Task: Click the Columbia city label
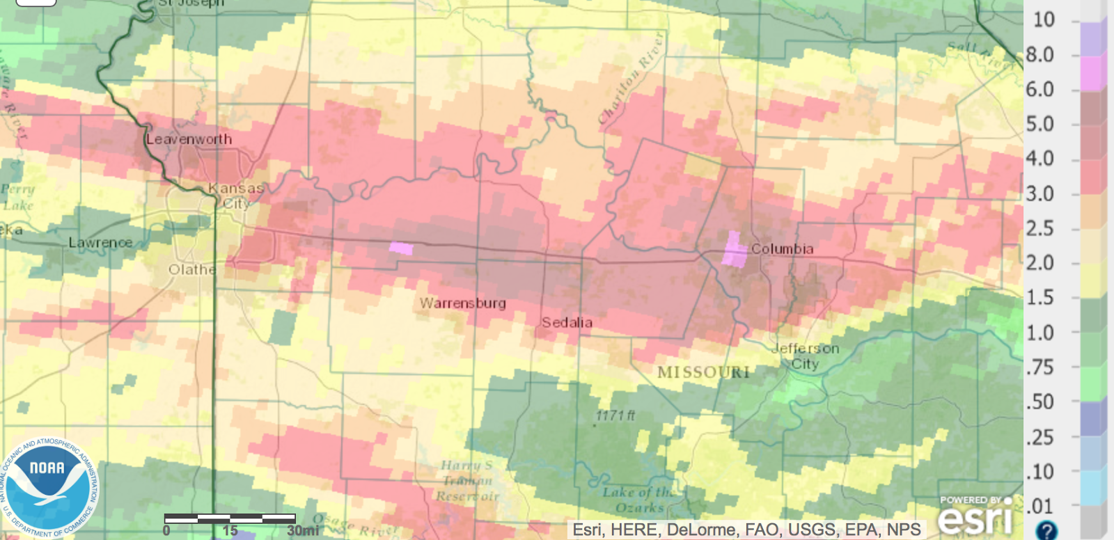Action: click(x=782, y=249)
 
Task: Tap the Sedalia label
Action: click(x=567, y=323)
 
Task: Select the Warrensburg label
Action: click(x=463, y=303)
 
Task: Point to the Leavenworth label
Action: click(x=189, y=139)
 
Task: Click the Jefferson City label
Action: click(x=806, y=356)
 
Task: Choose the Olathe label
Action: click(x=192, y=269)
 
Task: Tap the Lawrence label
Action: click(x=100, y=243)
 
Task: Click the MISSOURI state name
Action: click(x=703, y=372)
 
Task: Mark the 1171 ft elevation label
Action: click(x=615, y=415)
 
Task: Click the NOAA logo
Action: click(x=49, y=486)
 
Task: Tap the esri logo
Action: click(x=975, y=517)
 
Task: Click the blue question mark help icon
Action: click(x=1046, y=530)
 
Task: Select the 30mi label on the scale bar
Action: click(x=303, y=531)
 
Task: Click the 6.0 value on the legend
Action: click(x=1040, y=90)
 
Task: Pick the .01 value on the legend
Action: click(x=1040, y=507)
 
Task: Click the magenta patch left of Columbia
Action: click(x=733, y=250)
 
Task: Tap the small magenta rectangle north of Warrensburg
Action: click(x=401, y=248)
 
